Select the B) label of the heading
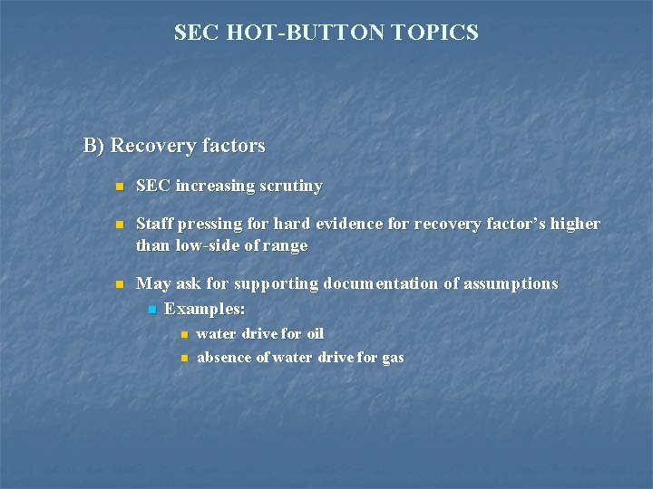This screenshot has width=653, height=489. click(x=94, y=146)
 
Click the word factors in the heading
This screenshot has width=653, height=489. click(x=234, y=146)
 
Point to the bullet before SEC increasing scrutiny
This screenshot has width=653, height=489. click(x=118, y=187)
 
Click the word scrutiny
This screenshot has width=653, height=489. click(x=291, y=187)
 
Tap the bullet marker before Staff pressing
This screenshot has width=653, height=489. click(x=118, y=225)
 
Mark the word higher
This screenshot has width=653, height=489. click(x=576, y=224)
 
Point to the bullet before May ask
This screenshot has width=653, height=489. click(x=118, y=284)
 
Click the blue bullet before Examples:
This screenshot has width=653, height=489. click(x=151, y=311)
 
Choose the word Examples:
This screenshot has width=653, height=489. click(x=205, y=309)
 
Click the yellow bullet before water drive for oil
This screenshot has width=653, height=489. click(x=184, y=335)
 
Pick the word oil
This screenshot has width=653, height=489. click(x=315, y=334)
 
